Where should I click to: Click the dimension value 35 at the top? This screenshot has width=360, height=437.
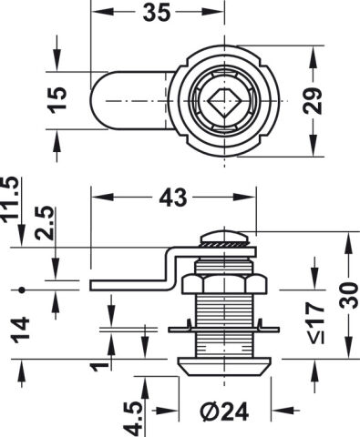click(157, 14)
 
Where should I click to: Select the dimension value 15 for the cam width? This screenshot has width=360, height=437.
click(57, 100)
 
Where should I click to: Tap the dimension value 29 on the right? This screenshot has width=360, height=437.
click(313, 101)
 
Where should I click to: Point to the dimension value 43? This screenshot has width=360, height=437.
click(173, 198)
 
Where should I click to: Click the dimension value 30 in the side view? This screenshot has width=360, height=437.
click(349, 295)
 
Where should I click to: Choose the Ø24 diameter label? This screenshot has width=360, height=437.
click(225, 412)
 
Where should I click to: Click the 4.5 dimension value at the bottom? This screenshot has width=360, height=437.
click(133, 420)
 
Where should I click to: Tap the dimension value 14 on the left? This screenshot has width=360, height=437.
click(21, 330)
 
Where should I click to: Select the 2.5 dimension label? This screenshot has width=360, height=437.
click(46, 223)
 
